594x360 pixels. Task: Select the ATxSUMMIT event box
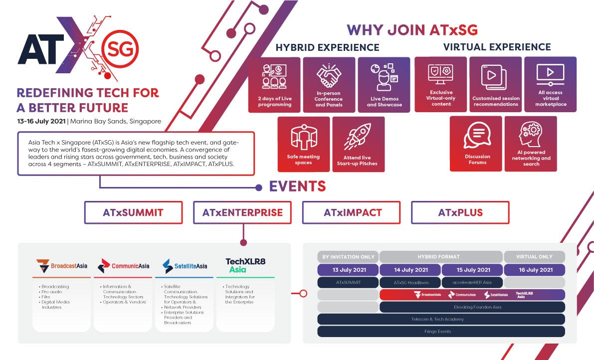click(133, 212)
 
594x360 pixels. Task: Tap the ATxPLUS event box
click(460, 212)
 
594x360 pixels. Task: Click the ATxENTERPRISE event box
click(242, 212)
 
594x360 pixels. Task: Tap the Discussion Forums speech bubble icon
click(477, 135)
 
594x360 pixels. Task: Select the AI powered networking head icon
click(531, 134)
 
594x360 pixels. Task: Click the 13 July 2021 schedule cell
click(348, 270)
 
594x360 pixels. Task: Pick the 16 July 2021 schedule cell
click(534, 270)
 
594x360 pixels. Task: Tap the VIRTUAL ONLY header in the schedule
click(534, 257)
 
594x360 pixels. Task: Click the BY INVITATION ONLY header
click(348, 257)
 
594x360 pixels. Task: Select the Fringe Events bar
click(441, 331)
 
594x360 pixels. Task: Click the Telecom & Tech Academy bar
click(441, 319)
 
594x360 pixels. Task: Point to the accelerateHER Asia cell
click(472, 282)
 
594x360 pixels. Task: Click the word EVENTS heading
click(297, 186)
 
